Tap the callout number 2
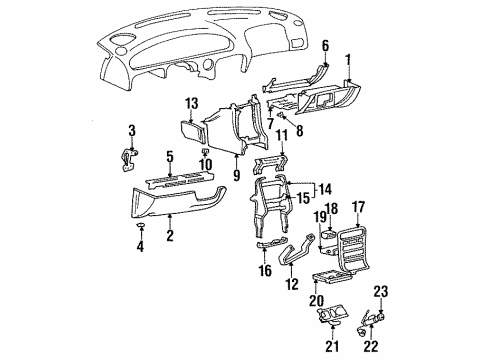point(170,235)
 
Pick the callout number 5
point(170,157)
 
